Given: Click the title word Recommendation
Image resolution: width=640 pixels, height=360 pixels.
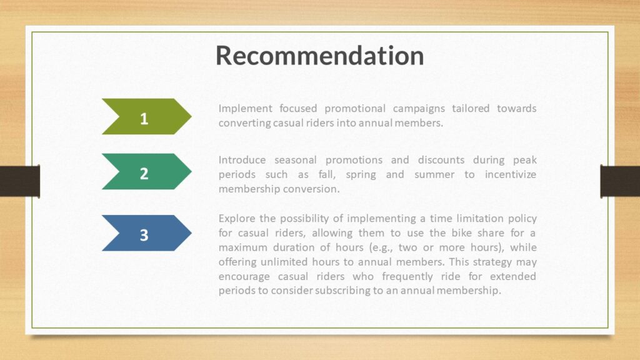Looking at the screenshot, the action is tap(319, 56).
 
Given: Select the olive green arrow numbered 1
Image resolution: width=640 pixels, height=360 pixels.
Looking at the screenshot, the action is tap(146, 116).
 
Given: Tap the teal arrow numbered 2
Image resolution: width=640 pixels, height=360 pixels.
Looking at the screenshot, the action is tap(146, 171).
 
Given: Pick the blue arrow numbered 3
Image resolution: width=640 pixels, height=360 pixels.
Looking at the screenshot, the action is tap(146, 233).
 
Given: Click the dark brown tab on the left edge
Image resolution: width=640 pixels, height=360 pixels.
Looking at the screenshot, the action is tap(20, 181).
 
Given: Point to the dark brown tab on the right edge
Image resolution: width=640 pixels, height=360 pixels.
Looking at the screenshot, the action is tap(620, 181).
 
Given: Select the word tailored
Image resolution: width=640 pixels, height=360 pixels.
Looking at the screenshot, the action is tap(471, 108).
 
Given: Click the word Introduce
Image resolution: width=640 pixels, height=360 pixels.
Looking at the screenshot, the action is tap(242, 159).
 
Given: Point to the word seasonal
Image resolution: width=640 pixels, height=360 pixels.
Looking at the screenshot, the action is tap(296, 159).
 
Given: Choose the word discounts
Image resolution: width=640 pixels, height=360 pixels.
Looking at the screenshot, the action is tap(441, 159).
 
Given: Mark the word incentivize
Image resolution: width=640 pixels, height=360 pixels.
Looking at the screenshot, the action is tap(511, 174).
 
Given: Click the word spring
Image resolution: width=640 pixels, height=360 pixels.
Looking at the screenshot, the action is tap(361, 175).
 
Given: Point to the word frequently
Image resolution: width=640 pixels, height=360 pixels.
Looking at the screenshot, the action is tap(407, 277).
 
